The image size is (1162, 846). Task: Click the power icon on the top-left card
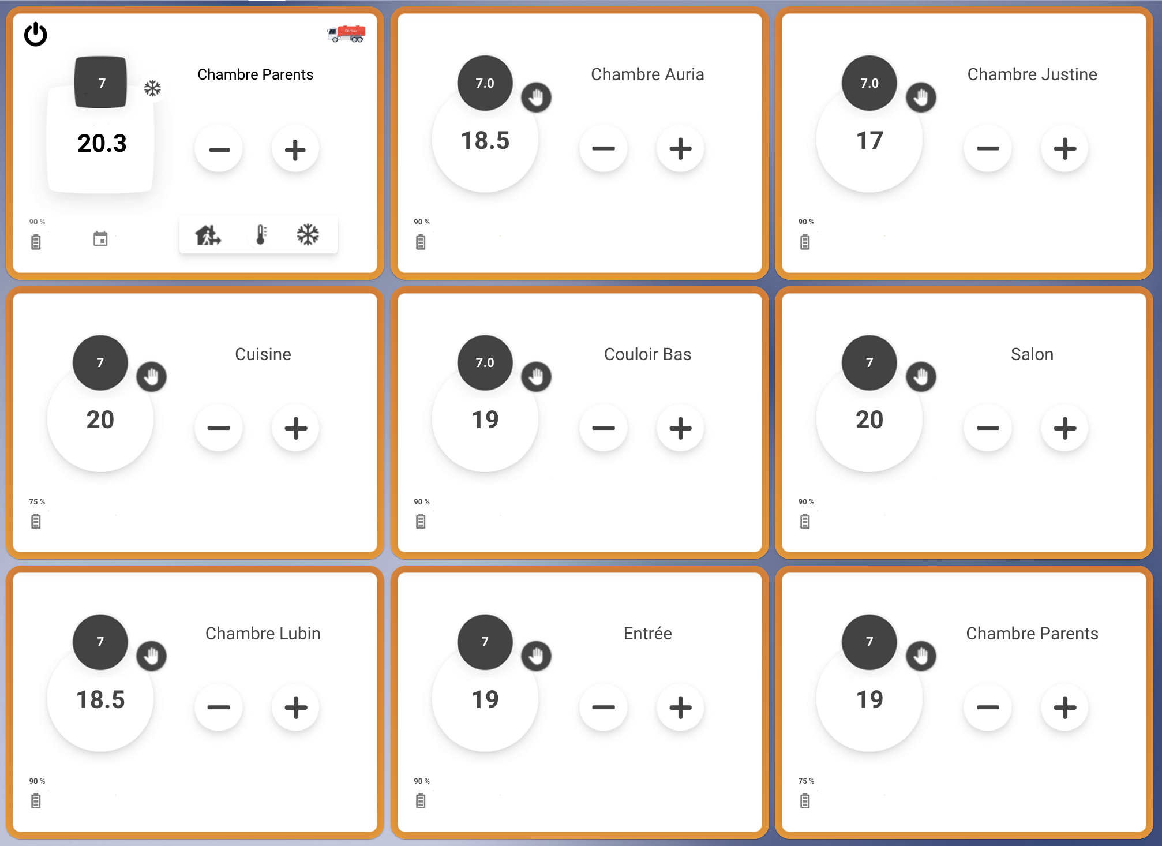pos(36,34)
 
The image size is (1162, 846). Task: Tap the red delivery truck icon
pos(346,33)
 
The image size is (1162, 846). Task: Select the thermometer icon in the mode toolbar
pos(261,235)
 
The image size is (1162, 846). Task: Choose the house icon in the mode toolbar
pos(208,235)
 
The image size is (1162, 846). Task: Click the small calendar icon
pos(100,238)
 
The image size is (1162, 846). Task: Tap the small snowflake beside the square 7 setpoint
pos(152,88)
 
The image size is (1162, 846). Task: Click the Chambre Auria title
pos(647,74)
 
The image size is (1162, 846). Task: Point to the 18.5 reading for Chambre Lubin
pos(100,699)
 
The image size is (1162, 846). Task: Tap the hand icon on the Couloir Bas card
pos(536,377)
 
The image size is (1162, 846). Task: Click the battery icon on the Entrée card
pos(421,801)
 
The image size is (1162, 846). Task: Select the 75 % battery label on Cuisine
pos(37,501)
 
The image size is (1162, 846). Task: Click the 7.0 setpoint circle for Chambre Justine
pos(869,83)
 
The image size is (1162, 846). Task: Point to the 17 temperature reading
pos(869,140)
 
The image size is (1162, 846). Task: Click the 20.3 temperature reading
pos(102,143)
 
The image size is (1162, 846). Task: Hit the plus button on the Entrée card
pos(680,708)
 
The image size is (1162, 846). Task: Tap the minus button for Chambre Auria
pos(604,148)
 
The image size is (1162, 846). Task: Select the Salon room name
pos(1032,354)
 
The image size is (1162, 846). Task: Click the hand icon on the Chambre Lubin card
pos(151,656)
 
